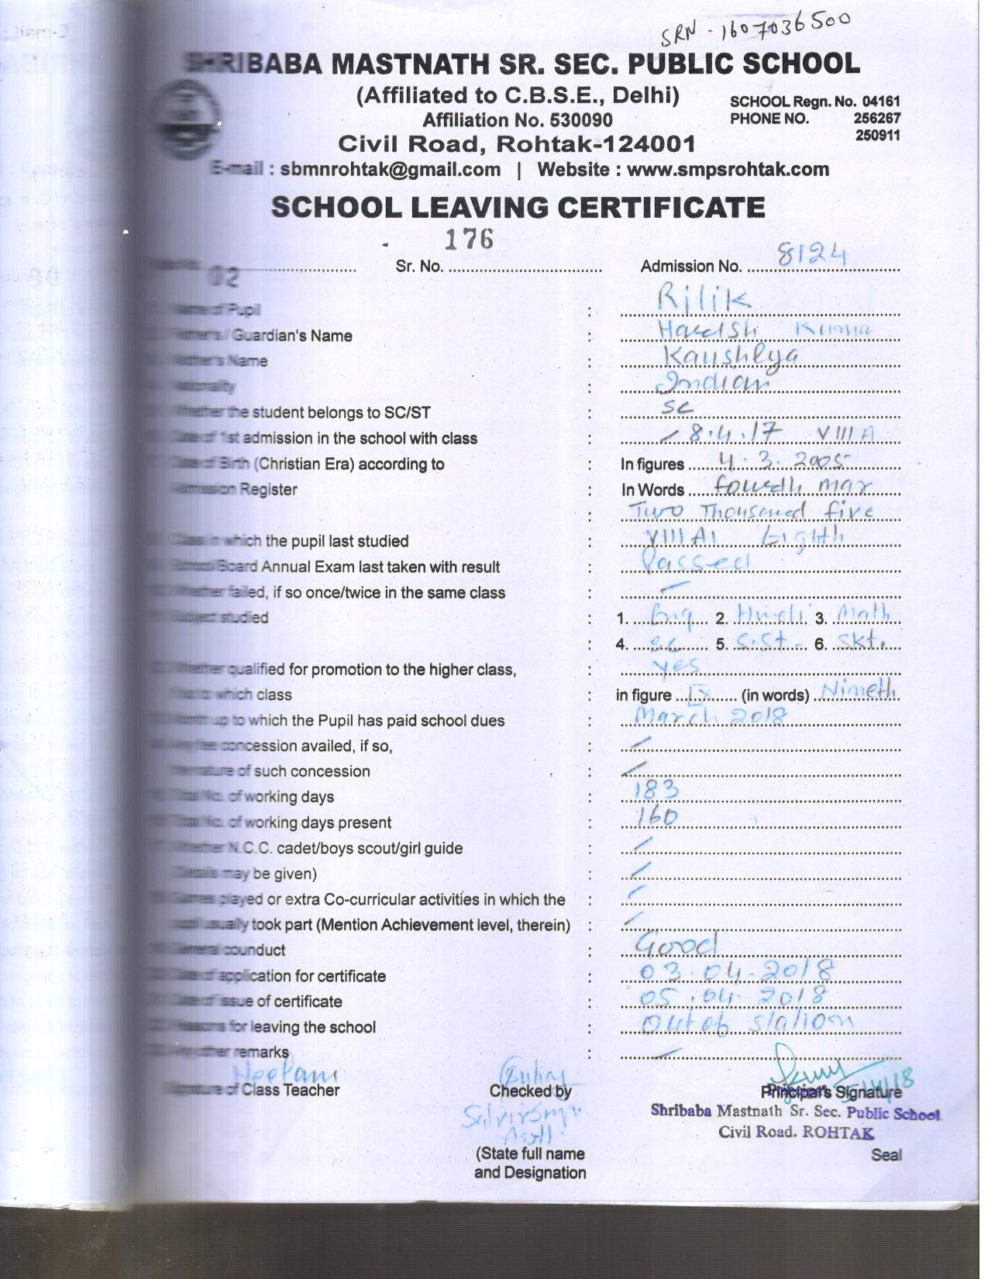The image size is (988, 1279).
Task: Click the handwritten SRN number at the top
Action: pos(756,30)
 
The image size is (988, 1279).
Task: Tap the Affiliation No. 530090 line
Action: pos(517,120)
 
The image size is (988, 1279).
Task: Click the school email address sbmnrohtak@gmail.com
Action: pos(390,169)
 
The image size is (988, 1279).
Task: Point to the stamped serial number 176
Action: pos(468,239)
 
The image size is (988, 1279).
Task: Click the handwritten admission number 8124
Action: pos(800,255)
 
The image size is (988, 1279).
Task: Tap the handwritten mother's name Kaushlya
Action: pos(732,355)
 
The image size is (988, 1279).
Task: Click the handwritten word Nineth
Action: pos(858,689)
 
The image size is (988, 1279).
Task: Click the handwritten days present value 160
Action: pos(656,815)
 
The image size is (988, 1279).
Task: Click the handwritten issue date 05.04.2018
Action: pos(733,995)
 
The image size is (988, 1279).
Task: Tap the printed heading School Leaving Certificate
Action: pos(518,207)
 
